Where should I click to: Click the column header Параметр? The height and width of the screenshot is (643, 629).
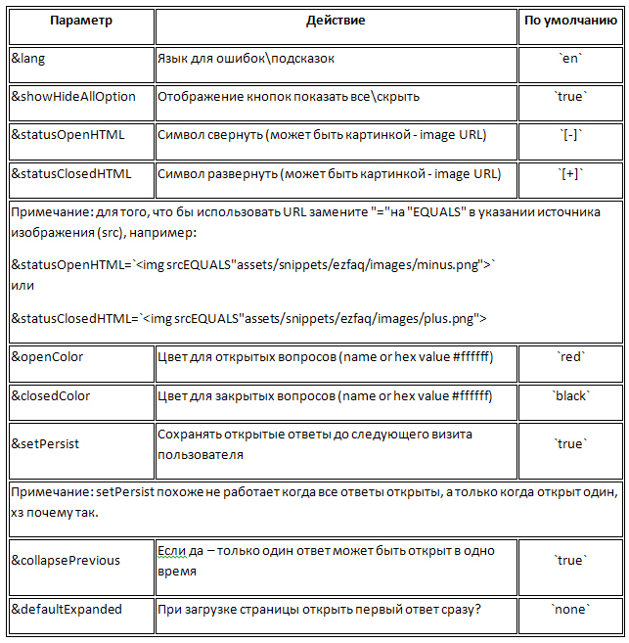pos(80,20)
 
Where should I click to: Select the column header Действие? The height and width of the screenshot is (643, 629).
pos(336,20)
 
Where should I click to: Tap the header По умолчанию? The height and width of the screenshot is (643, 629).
pos(570,20)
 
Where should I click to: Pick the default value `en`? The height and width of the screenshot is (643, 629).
pos(570,59)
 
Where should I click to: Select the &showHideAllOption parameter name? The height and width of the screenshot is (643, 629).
pos(73,96)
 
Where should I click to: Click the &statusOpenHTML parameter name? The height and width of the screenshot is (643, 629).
pos(67,134)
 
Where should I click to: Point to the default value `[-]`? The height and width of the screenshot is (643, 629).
pos(570,134)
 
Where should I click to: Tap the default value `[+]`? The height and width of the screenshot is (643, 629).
pos(570,173)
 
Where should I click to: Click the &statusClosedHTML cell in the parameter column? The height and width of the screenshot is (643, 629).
pos(70,173)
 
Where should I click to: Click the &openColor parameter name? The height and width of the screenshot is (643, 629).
pos(47,357)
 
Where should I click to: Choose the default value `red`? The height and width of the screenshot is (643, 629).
pos(570,357)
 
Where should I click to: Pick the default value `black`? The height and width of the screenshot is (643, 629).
pos(570,396)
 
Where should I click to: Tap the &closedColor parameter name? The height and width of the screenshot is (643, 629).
pos(51,396)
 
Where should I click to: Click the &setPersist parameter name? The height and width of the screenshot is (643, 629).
pos(45,443)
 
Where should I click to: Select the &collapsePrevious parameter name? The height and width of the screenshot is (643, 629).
pos(66,560)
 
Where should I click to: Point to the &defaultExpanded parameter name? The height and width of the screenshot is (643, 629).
pos(67,609)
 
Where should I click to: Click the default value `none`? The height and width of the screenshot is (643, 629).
pos(570,609)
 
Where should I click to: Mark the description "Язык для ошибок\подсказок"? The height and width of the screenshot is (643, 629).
pos(247,59)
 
